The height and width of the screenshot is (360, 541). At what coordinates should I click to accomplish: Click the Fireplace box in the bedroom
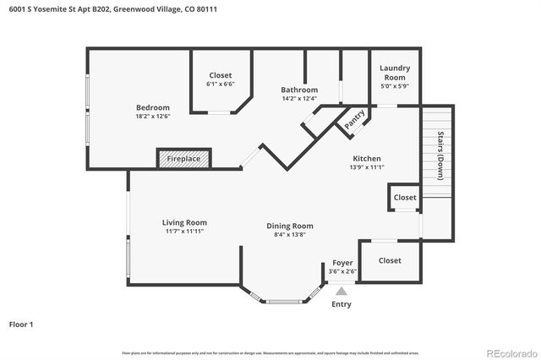[x=183, y=159]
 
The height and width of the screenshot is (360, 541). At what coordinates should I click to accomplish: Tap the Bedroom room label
[x=153, y=107]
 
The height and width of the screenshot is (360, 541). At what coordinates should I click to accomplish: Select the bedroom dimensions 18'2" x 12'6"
[x=153, y=117]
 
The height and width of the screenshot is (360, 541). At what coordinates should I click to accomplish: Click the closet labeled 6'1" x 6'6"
[x=220, y=79]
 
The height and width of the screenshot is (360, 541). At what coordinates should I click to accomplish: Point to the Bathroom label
[x=299, y=90]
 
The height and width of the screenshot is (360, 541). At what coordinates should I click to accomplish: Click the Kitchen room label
[x=367, y=158]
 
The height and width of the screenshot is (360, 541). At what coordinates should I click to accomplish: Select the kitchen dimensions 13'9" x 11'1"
[x=367, y=167]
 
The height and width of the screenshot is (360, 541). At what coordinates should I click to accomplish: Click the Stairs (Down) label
[x=440, y=155]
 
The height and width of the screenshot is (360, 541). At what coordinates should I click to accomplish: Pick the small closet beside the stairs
[x=405, y=198]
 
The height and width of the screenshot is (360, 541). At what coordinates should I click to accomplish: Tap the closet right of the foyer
[x=390, y=260]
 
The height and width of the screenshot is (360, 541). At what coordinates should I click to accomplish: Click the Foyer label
[x=342, y=263]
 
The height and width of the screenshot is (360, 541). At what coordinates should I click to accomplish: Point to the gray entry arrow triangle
[x=342, y=290]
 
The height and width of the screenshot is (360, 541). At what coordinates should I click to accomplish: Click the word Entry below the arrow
[x=342, y=304]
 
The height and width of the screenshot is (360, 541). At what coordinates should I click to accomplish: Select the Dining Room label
[x=290, y=226]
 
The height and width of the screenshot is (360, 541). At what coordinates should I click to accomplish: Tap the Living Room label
[x=184, y=222]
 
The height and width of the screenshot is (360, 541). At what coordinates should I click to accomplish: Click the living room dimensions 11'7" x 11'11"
[x=184, y=231]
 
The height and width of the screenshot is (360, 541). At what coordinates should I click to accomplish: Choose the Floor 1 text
[x=21, y=324]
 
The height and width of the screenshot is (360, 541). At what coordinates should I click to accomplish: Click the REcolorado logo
[x=511, y=352]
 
